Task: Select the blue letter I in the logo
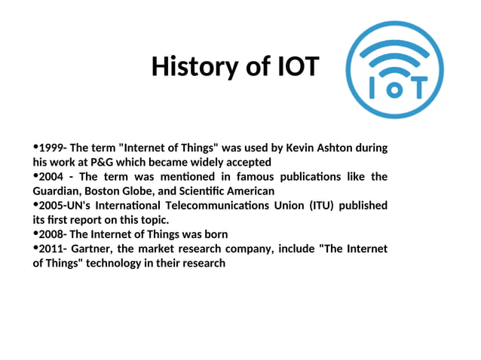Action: pos(374,88)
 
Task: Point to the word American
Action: pos(249,191)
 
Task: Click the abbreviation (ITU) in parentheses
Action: pos(323,206)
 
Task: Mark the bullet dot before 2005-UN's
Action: pos(35,205)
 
